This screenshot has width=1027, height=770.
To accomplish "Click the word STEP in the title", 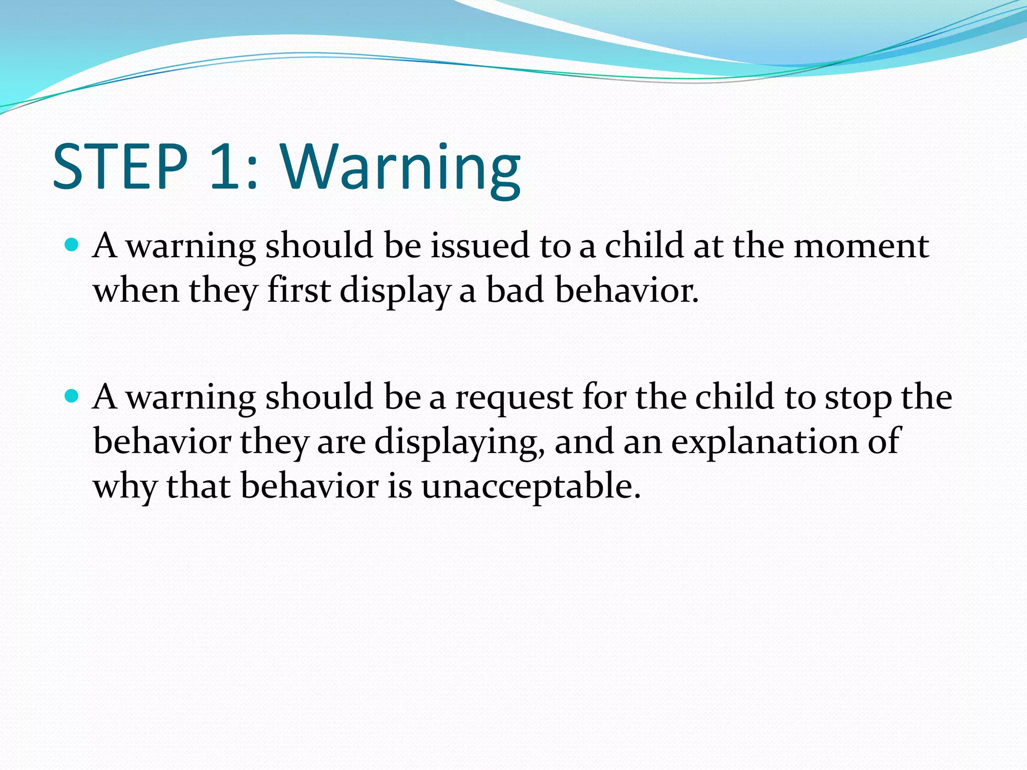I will point(120,166).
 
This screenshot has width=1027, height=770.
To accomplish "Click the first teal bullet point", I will point(72,245).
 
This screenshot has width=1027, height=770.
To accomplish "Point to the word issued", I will point(480,246).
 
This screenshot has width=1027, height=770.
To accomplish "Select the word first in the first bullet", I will point(299,291).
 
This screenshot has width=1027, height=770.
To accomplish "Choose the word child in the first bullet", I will point(644,246).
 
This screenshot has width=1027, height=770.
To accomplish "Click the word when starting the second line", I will point(136,291).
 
